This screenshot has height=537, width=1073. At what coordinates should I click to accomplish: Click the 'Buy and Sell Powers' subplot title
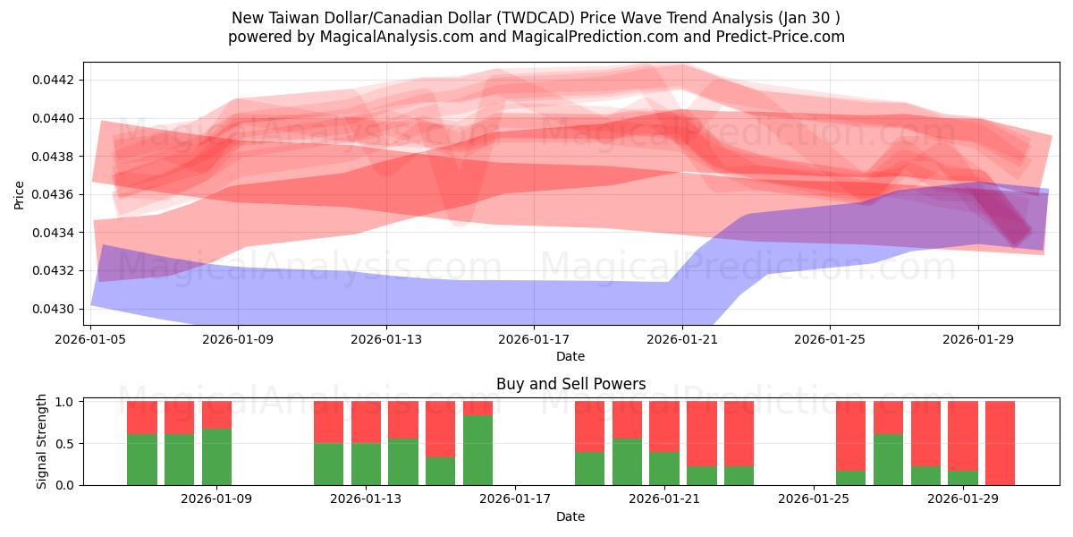[x=570, y=384]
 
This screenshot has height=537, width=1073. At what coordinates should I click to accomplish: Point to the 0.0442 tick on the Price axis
[x=54, y=81]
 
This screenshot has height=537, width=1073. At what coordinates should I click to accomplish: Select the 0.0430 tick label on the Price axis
[x=54, y=310]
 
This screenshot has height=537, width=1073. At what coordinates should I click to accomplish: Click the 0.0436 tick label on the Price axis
[x=54, y=195]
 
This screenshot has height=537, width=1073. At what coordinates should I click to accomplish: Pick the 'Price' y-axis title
[x=20, y=193]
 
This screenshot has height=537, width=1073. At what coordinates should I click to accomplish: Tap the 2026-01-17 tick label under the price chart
[x=534, y=339]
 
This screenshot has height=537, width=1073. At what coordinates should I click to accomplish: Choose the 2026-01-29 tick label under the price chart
[x=977, y=339]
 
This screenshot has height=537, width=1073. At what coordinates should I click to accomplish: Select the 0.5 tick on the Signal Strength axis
[x=66, y=444]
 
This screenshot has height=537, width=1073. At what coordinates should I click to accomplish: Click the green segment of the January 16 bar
[x=477, y=450]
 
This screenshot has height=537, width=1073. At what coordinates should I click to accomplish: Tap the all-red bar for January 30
[x=1000, y=443]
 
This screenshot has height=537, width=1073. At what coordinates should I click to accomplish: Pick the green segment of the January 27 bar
[x=888, y=459]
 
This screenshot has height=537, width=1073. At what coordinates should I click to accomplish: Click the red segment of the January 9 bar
[x=216, y=414]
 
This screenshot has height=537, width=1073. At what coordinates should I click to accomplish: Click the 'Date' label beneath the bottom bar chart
[x=570, y=516]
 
